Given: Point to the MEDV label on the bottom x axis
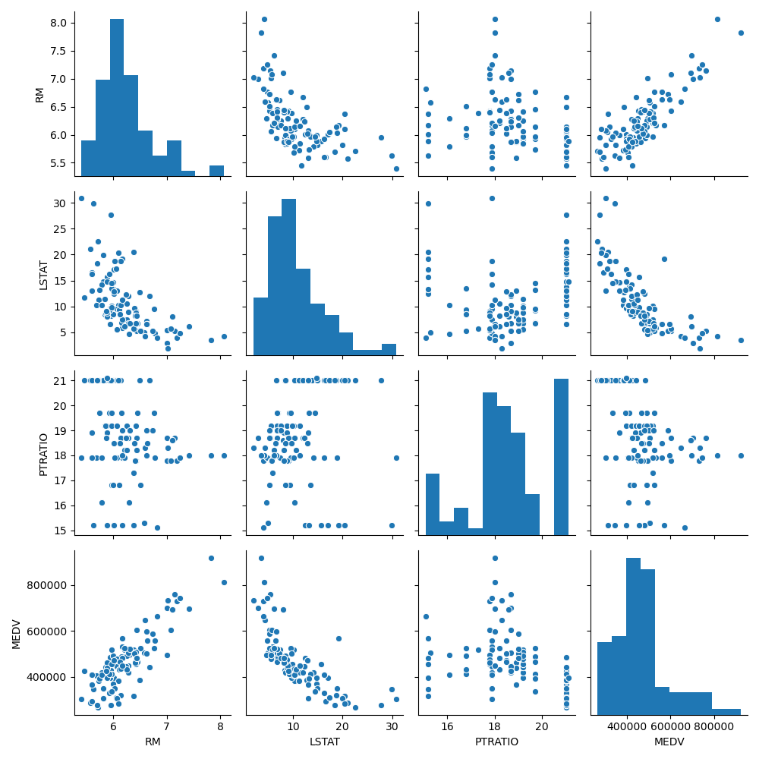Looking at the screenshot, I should click(669, 742).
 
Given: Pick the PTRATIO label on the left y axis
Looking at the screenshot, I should click(43, 454).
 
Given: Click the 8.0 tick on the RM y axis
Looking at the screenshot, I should click(58, 23).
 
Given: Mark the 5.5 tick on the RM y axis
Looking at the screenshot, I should click(58, 163).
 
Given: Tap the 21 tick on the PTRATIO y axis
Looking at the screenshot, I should click(62, 380).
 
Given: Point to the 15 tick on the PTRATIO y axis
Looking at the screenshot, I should click(62, 531).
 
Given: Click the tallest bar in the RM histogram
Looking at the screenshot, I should click(117, 99).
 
